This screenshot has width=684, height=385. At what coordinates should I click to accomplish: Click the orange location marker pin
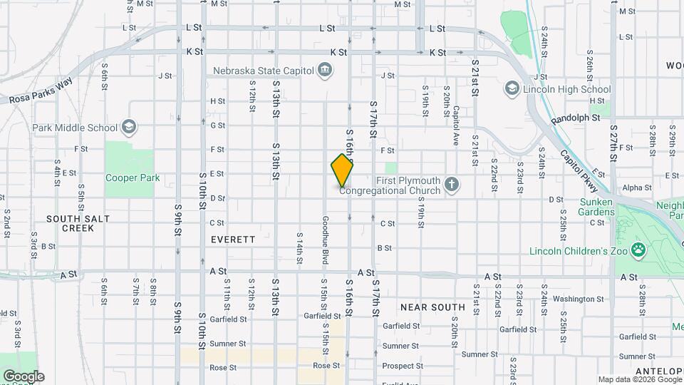pyautogui.click(x=342, y=170)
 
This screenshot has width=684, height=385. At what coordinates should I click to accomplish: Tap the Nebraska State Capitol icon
pyautogui.click(x=325, y=70)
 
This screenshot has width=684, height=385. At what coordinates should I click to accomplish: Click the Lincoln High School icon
pyautogui.click(x=511, y=88)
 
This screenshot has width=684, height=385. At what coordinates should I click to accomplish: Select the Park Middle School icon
pyautogui.click(x=128, y=127)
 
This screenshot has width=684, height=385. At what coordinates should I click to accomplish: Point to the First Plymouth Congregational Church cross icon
pyautogui.click(x=450, y=185)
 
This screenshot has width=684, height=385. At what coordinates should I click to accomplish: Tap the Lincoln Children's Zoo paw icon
pyautogui.click(x=639, y=250)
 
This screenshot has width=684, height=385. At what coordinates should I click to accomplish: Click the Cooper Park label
pyautogui.click(x=133, y=178)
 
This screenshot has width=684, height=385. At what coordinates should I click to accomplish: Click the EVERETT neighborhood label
pyautogui.click(x=233, y=240)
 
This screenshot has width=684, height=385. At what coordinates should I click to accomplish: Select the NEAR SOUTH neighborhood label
pyautogui.click(x=432, y=307)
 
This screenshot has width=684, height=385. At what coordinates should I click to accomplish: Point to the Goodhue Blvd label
pyautogui.click(x=324, y=241)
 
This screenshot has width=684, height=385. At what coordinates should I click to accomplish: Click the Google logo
pyautogui.click(x=24, y=376)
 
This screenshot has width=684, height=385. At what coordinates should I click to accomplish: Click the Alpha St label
pyautogui.click(x=636, y=188)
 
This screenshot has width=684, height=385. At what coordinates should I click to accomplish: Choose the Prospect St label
pyautogui.click(x=403, y=366)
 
